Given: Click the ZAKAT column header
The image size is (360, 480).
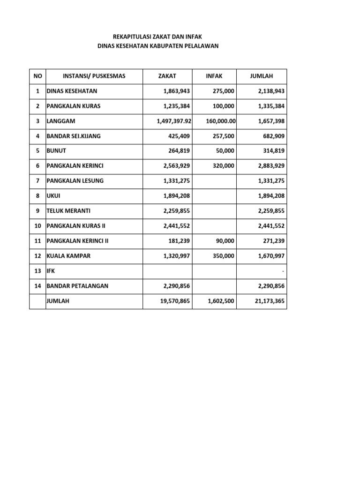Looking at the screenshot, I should click(x=167, y=76).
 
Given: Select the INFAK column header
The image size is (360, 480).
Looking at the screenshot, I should click(x=214, y=76).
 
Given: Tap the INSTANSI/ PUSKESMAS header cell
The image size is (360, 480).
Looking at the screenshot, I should click(x=94, y=76).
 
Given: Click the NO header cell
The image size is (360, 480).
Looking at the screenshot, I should click(x=37, y=76).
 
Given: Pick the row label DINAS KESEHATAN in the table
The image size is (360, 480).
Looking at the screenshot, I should click(x=72, y=91).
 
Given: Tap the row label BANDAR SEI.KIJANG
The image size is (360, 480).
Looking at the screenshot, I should click(x=73, y=136).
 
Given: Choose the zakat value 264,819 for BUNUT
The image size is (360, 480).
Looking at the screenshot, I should click(x=179, y=151).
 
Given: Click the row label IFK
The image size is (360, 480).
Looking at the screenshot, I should click(x=51, y=271).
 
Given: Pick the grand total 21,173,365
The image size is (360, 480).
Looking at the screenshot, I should click(x=270, y=301).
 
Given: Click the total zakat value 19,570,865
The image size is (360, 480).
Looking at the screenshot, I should click(x=174, y=301).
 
